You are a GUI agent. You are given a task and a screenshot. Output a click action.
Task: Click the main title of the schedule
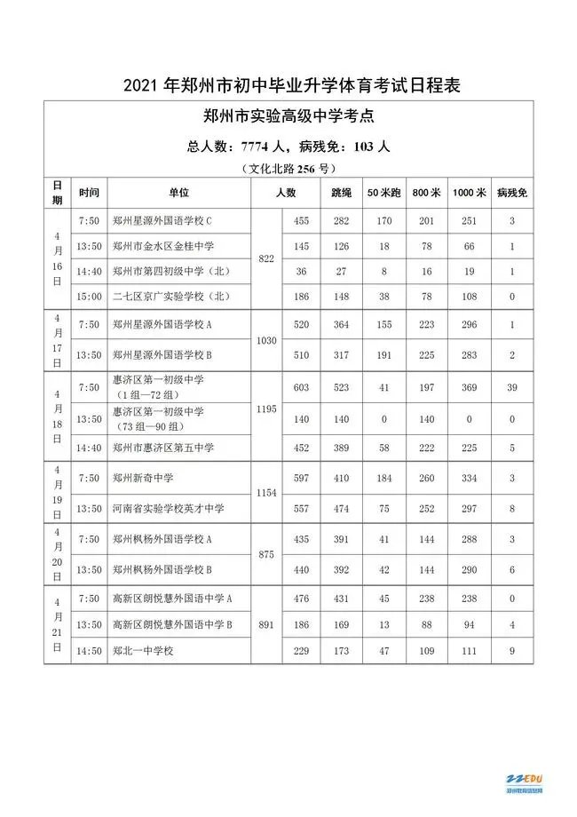click(288, 86)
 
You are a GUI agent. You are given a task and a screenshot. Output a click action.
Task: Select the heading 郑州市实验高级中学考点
click(288, 116)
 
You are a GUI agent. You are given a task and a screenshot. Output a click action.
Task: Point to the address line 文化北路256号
click(288, 167)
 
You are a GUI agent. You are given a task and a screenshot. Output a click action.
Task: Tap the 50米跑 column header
click(383, 193)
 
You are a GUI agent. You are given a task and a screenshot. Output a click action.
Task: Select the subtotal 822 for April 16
click(266, 258)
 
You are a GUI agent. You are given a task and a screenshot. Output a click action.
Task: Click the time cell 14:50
click(89, 652)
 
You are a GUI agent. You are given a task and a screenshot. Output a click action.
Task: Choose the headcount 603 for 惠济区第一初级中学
click(301, 388)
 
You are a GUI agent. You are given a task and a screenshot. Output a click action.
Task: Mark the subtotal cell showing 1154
click(266, 491)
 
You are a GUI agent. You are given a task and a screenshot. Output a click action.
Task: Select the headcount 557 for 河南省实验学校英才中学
click(301, 508)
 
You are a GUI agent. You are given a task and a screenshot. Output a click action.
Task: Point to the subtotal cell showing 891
click(266, 623)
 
